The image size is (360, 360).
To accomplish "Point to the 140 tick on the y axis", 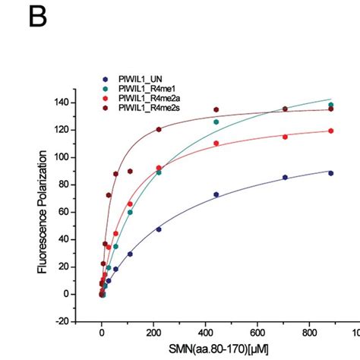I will pyautogui.click(x=65, y=103).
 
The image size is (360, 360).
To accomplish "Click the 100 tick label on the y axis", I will pyautogui.click(x=65, y=157).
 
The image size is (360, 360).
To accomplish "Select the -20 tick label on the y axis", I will pyautogui.click(x=65, y=321).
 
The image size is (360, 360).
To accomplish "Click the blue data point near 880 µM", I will pyautogui.click(x=330, y=172).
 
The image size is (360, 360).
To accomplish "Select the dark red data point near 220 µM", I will pyautogui.click(x=159, y=129).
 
